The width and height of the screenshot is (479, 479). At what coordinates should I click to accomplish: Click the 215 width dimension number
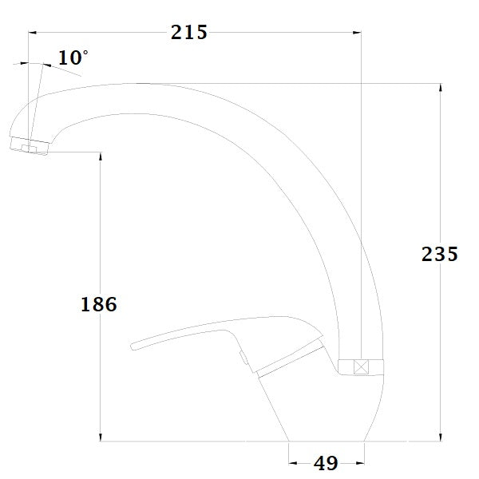189,32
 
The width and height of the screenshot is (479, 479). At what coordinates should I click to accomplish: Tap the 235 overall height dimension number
439,255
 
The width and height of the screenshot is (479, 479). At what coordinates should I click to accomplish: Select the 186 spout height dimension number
99,303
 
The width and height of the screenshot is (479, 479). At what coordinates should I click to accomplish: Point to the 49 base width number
327,462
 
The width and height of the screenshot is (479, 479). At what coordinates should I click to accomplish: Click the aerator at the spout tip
30,146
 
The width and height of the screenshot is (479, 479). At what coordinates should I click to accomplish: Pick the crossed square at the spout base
360,368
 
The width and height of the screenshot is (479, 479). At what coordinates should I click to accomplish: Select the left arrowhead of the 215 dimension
33,33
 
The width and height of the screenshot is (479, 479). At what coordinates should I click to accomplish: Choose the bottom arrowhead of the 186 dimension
100,437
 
